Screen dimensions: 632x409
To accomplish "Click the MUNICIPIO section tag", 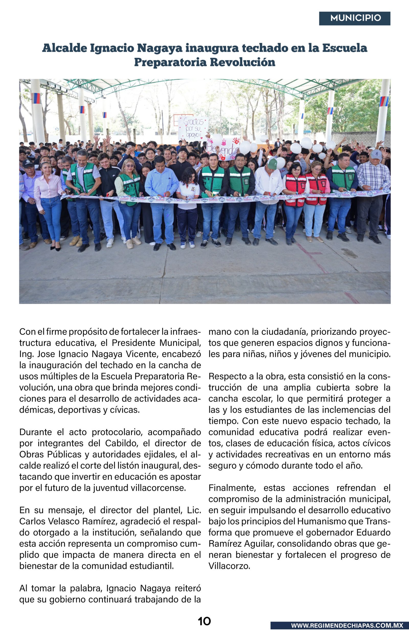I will (355, 18).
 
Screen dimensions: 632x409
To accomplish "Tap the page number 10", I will (204, 621).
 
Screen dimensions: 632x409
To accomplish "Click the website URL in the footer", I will (347, 625).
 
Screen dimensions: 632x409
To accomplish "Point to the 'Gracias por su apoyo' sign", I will (193, 128).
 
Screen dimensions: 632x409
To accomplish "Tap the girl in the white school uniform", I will (188, 207).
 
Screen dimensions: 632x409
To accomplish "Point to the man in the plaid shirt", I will (373, 197).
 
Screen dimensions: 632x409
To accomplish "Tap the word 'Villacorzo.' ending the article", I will (229, 566).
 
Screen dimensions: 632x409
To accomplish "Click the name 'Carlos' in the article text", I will (32, 521).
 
